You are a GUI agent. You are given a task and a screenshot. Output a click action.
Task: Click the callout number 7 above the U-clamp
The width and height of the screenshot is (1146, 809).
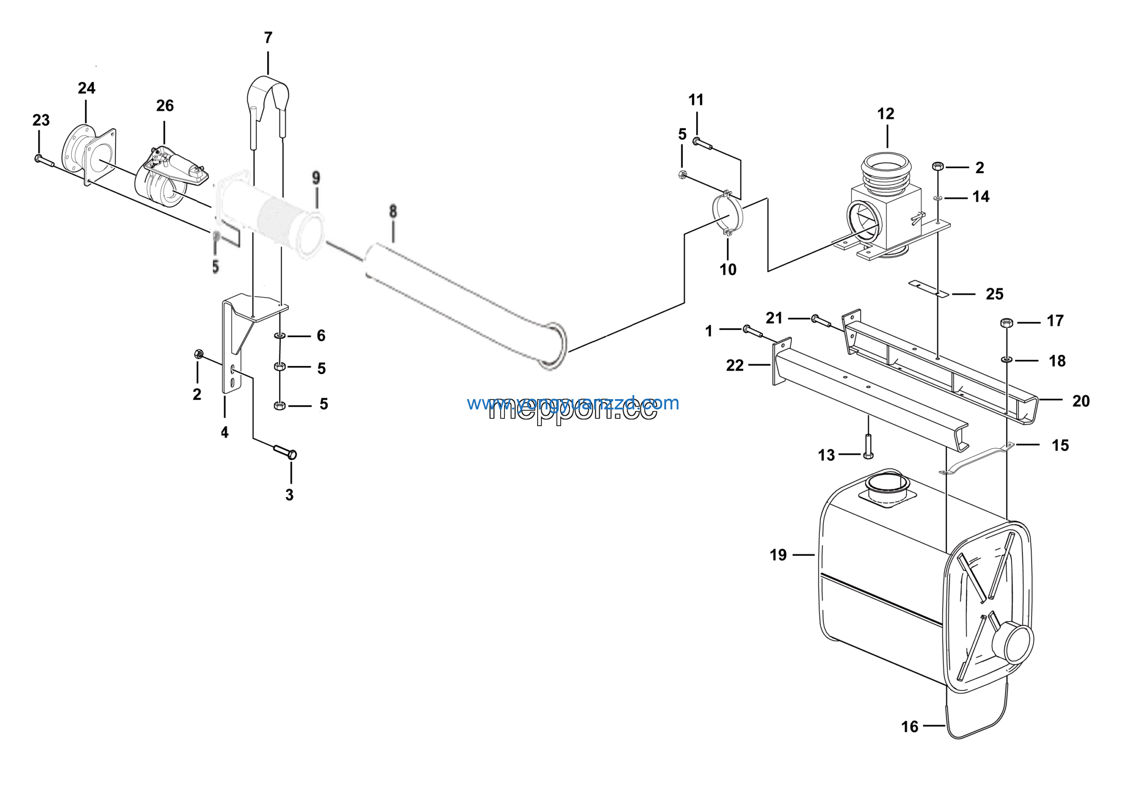pyautogui.click(x=268, y=38)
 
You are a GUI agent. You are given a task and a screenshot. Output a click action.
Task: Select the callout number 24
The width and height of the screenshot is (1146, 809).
pyautogui.click(x=86, y=88)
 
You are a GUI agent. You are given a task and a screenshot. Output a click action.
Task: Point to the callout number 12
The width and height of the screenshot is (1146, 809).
pyautogui.click(x=886, y=114)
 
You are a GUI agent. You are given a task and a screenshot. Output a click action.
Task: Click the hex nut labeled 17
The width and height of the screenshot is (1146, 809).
pyautogui.click(x=1006, y=323)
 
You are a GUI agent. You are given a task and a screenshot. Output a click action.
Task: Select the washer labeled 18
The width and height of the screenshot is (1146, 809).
pyautogui.click(x=1006, y=359)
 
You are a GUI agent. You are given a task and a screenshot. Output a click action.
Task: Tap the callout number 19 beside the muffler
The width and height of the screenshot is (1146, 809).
pyautogui.click(x=778, y=555)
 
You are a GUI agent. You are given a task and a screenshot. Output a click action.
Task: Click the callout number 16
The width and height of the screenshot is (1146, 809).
pyautogui.click(x=909, y=727)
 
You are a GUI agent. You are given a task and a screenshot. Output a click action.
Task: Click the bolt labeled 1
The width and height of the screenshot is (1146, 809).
pyautogui.click(x=753, y=331)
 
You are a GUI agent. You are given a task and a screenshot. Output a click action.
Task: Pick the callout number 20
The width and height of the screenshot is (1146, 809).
pyautogui.click(x=1081, y=400)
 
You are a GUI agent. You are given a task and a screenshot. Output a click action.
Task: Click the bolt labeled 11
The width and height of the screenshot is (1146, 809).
pyautogui.click(x=702, y=144)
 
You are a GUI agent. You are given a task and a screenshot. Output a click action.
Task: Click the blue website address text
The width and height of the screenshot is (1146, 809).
pyautogui.click(x=573, y=403)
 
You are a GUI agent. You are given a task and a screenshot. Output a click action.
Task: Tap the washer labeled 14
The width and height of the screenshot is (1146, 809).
pyautogui.click(x=938, y=199)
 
